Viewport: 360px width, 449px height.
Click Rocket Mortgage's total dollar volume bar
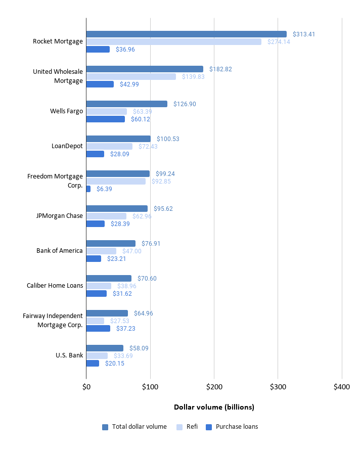click(x=186, y=34)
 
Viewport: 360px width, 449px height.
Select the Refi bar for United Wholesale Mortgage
click(x=131, y=76)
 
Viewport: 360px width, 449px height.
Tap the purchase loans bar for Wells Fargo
click(x=105, y=119)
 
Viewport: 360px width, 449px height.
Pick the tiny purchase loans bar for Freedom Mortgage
click(x=88, y=189)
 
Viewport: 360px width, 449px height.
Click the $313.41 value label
click(x=303, y=34)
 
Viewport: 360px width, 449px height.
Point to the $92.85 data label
click(x=161, y=181)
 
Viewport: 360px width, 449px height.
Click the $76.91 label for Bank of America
click(x=152, y=243)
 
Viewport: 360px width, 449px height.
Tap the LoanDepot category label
click(x=67, y=146)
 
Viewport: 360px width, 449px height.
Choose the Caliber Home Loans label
click(x=55, y=286)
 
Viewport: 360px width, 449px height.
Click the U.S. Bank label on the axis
click(x=69, y=355)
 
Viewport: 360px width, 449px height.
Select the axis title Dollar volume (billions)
click(x=214, y=407)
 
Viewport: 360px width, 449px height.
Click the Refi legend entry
click(x=192, y=427)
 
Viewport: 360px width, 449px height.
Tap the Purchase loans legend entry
click(x=237, y=427)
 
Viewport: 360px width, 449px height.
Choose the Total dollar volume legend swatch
click(x=105, y=427)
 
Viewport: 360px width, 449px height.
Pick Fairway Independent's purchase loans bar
click(x=98, y=328)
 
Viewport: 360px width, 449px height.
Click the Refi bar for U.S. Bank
click(x=97, y=355)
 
